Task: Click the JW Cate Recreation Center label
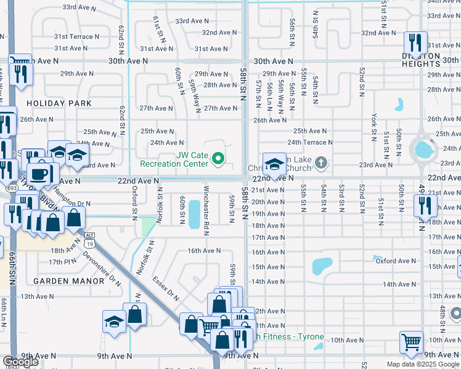pyautogui.click(x=174, y=159)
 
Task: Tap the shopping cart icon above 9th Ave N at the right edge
pyautogui.click(x=411, y=341)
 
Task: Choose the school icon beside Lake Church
pyautogui.click(x=274, y=164)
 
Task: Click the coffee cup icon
pyautogui.click(x=41, y=173)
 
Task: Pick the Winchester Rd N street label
pyautogui.click(x=206, y=209)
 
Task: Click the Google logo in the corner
pyautogui.click(x=20, y=362)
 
